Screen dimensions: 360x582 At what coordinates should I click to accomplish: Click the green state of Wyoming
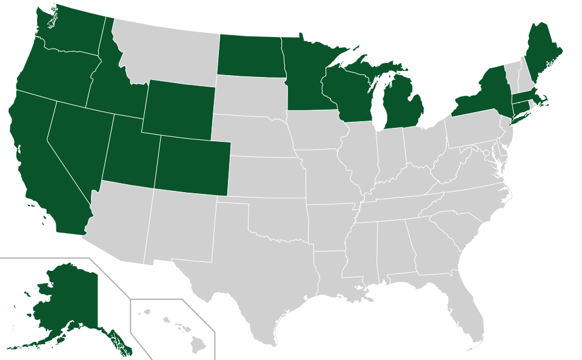tap(179, 108)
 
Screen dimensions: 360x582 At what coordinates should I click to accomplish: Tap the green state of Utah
tap(130, 152)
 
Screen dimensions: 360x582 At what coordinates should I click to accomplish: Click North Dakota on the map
tap(250, 56)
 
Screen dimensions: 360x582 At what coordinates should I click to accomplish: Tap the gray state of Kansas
tap(267, 176)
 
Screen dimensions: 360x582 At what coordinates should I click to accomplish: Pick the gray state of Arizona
tap(121, 224)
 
